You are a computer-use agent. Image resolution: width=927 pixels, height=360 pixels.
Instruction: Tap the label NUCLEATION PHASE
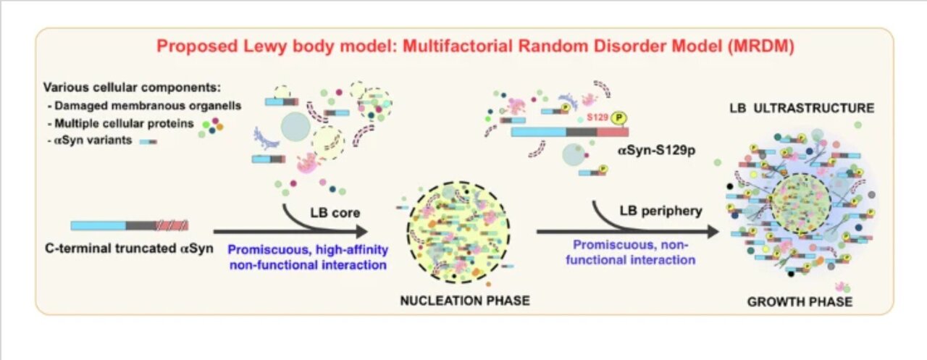tap(464, 301)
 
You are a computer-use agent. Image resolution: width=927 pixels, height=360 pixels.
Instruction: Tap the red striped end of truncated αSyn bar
tap(176, 225)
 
